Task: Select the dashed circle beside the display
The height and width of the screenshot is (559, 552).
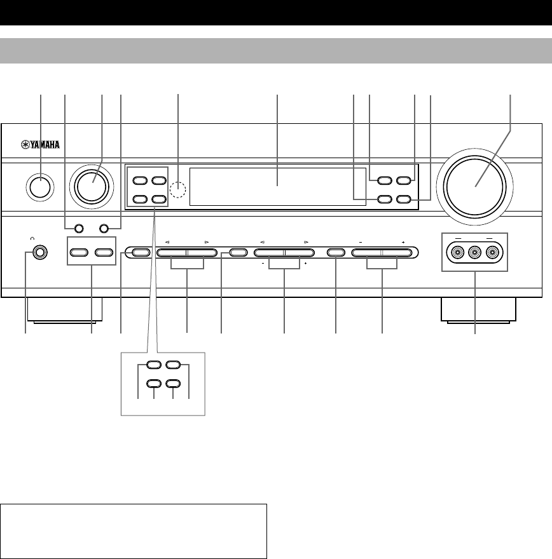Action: point(179,189)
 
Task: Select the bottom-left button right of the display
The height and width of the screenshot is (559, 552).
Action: point(383,199)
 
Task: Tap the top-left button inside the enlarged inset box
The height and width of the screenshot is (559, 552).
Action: point(153,365)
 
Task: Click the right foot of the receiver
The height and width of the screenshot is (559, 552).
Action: point(478,309)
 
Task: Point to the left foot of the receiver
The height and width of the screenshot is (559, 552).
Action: point(67,309)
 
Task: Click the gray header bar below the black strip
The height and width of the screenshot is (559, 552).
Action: point(276,51)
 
